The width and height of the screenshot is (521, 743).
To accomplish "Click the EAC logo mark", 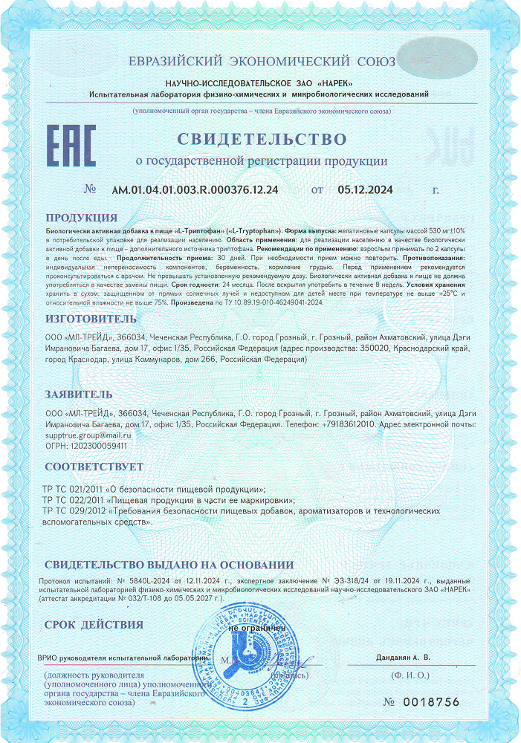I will pyautogui.click(x=71, y=147).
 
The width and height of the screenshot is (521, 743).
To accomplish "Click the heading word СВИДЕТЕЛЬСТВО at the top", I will pyautogui.click(x=261, y=139).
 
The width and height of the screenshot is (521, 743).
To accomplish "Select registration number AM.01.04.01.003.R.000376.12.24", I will pyautogui.click(x=195, y=189).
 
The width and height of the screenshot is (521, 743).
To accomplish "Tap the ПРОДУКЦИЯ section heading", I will pyautogui.click(x=81, y=218).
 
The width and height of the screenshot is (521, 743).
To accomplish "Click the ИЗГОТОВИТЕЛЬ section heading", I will pyautogui.click(x=91, y=319).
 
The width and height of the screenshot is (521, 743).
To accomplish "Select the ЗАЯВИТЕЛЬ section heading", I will pyautogui.click(x=79, y=394).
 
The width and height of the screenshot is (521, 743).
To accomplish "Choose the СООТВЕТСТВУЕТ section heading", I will pyautogui.click(x=94, y=467).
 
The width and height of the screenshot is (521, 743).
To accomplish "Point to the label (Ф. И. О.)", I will pyautogui.click(x=410, y=675).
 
